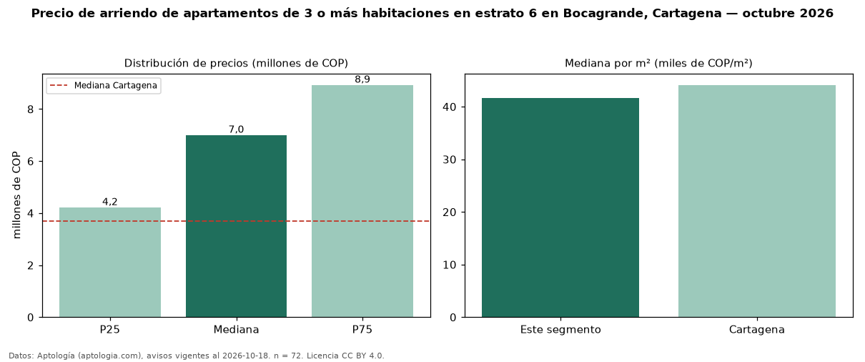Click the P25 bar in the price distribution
pyautogui.click(x=110, y=263)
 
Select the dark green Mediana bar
pyautogui.click(x=237, y=226)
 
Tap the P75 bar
pyautogui.click(x=362, y=201)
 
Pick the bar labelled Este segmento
pyautogui.click(x=560, y=207)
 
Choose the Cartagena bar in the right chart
pyautogui.click(x=757, y=201)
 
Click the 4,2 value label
pyautogui.click(x=110, y=202)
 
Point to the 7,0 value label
pyautogui.click(x=237, y=129)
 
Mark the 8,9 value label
pyautogui.click(x=362, y=79)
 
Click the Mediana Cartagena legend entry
pyautogui.click(x=104, y=85)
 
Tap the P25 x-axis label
pyautogui.click(x=110, y=330)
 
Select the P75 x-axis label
pyautogui.click(x=362, y=330)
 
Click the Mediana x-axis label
pyautogui.click(x=237, y=330)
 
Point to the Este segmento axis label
pyautogui.click(x=560, y=330)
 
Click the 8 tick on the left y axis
pyautogui.click(x=31, y=109)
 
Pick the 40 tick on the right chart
pyautogui.click(x=450, y=107)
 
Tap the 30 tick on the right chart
pyautogui.click(x=450, y=160)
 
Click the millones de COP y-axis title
pyautogui.click(x=16, y=195)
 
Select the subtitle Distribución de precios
pyautogui.click(x=187, y=63)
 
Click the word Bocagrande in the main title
pyautogui.click(x=604, y=14)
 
